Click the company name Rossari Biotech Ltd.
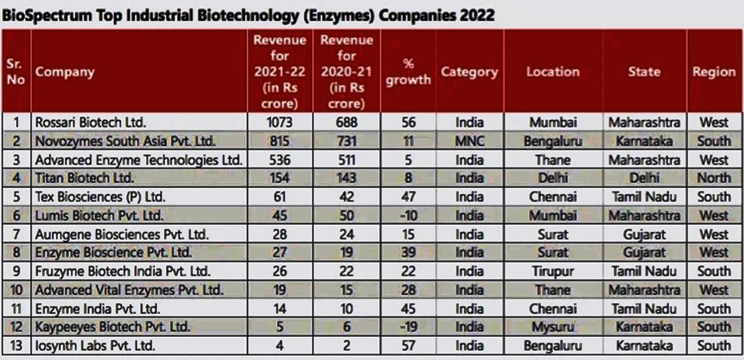coord(90,122)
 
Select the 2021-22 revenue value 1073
coord(279,122)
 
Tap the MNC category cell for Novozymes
coord(469,141)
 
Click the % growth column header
coord(408,72)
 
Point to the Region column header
coord(713,72)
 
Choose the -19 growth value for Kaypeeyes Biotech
coord(408,327)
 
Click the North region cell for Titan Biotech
coord(713,178)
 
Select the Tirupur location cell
coord(552,272)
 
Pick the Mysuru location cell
coord(552,327)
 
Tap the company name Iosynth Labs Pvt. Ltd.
coord(95,346)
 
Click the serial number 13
coord(16,346)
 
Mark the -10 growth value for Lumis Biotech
coord(408,216)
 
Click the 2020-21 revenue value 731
coord(346,141)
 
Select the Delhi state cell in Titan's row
coord(644,178)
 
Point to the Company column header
coord(64,72)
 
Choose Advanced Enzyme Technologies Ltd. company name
coord(139,160)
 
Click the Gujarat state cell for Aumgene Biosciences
coord(644,234)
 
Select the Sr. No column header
coord(16,72)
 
